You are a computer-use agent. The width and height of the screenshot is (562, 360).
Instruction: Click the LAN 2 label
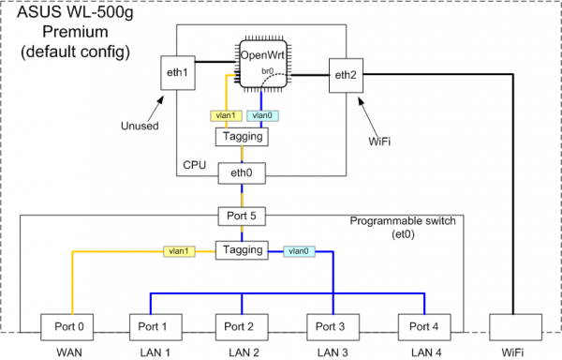[x=243, y=352]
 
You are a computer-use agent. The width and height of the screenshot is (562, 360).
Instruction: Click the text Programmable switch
[x=403, y=221]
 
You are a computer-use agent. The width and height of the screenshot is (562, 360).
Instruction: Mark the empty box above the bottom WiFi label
[x=514, y=326]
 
